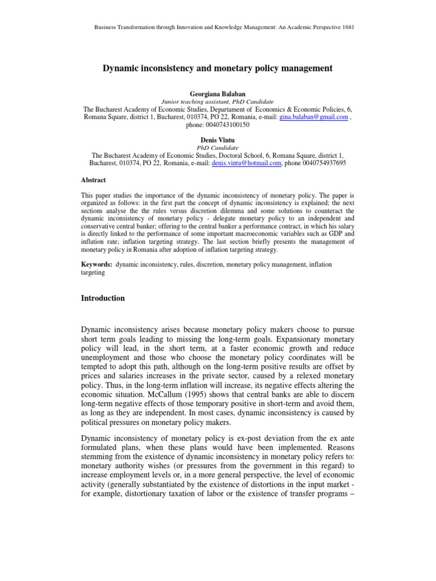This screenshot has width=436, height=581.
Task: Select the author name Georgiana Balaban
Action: [x=217, y=92]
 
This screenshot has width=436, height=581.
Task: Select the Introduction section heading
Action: [x=103, y=298]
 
